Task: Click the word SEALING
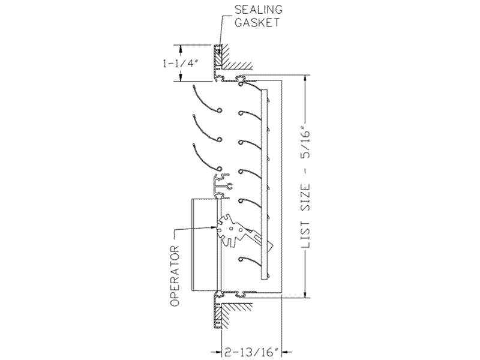tap(259, 10)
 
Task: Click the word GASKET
tap(257, 23)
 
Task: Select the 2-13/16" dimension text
tap(251, 352)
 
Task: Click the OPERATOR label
tap(175, 276)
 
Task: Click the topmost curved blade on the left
tap(207, 98)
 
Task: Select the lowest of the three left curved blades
tap(207, 157)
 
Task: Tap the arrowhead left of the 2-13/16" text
tap(217, 352)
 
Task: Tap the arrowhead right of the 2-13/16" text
tap(287, 352)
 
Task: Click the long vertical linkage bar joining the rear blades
tap(264, 184)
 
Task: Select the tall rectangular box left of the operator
tap(205, 245)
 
